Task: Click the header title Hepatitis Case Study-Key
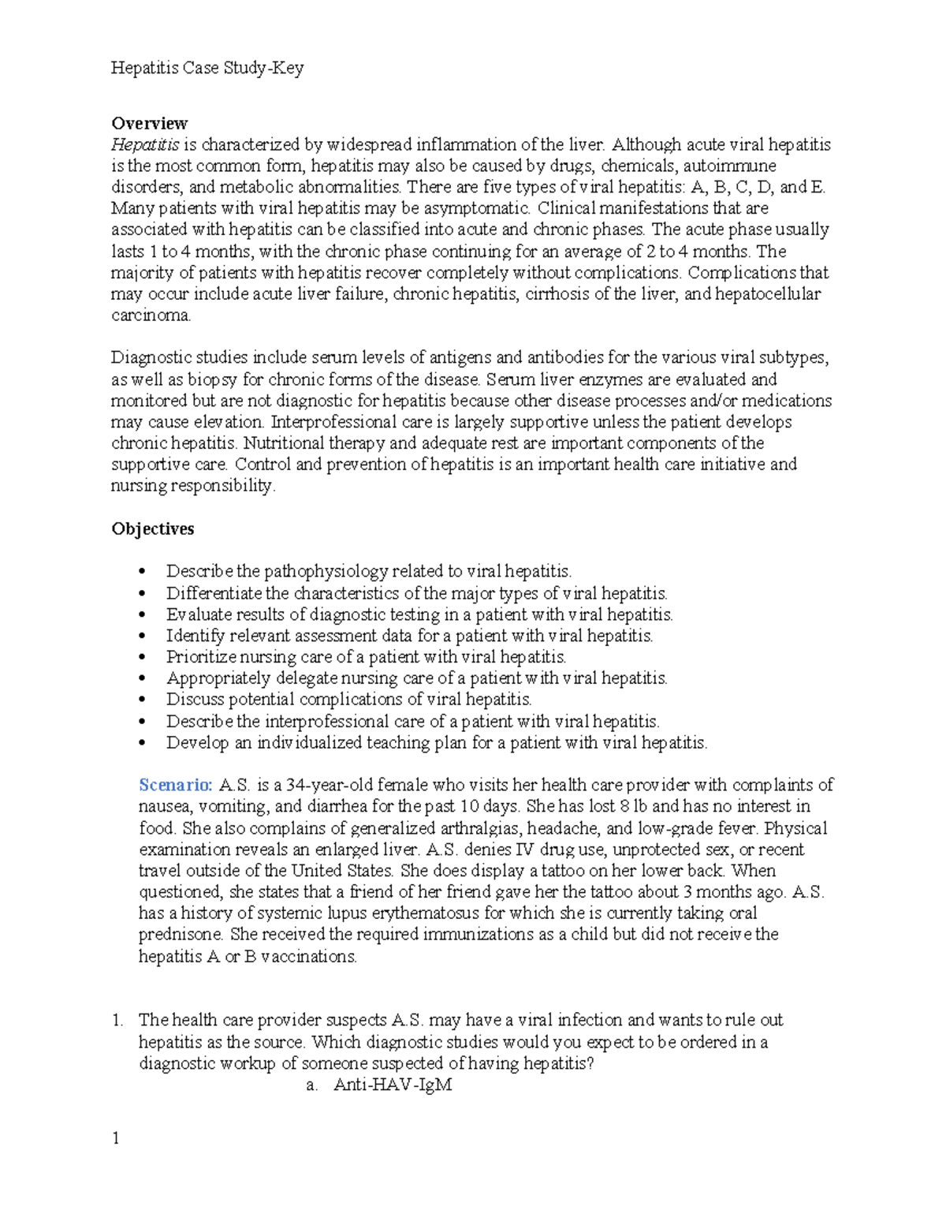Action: pos(207,69)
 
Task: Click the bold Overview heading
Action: pos(149,123)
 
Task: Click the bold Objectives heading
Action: pos(152,528)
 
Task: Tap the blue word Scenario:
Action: pos(175,785)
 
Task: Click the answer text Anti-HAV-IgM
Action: pos(393,1085)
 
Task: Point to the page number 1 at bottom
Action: pos(116,1137)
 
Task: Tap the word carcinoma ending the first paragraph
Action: pos(150,316)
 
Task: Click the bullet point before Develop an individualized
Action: pos(143,743)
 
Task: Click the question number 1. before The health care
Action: pos(117,1020)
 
